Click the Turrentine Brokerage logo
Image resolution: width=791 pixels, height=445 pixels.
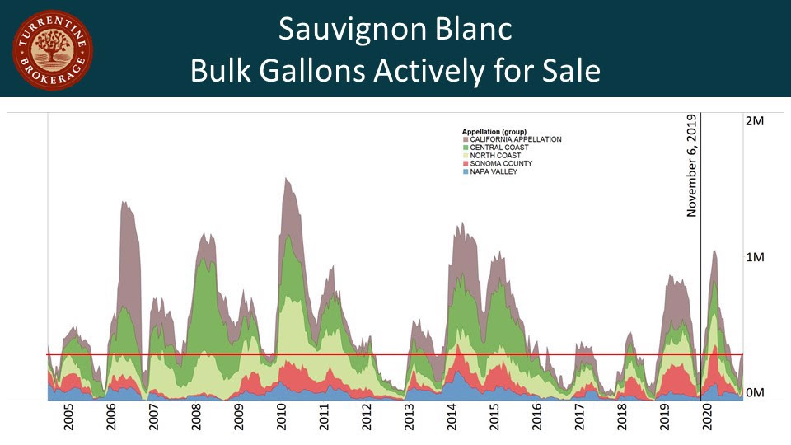click(51, 49)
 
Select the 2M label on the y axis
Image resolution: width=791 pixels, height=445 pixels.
click(755, 121)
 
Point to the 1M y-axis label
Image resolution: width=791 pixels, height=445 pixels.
click(755, 257)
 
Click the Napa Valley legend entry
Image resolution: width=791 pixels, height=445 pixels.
click(494, 171)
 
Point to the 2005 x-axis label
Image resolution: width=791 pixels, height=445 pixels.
click(69, 419)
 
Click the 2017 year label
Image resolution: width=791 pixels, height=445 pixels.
click(579, 419)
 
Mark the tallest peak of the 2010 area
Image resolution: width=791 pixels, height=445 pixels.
click(286, 178)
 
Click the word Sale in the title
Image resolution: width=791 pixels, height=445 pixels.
click(569, 71)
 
